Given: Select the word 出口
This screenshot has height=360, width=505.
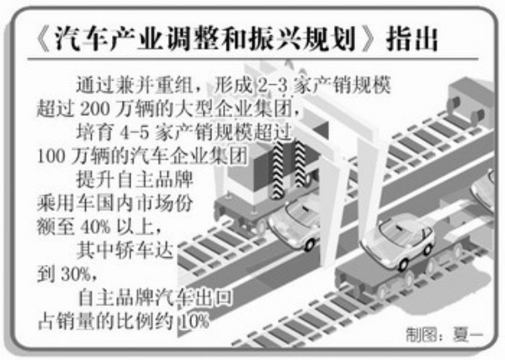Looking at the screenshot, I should pos(214,296).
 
